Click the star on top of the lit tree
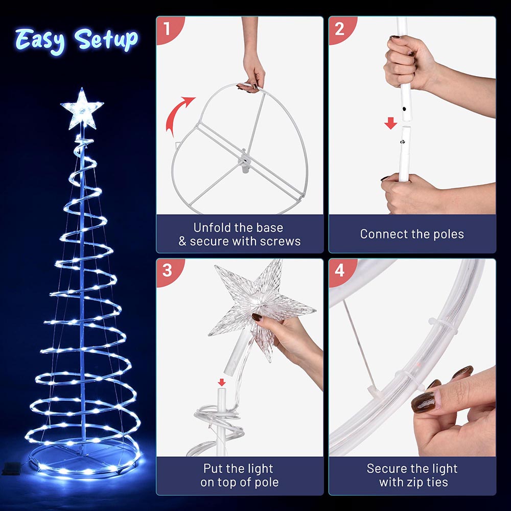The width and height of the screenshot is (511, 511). coord(82,109)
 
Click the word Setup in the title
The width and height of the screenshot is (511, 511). coord(106,40)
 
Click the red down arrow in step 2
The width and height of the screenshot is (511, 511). coord(390,124)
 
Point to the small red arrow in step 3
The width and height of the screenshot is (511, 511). coord(222,382)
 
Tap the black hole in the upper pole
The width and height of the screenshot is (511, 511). coord(404,109)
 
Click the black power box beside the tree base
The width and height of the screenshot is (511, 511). coord(12,469)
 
